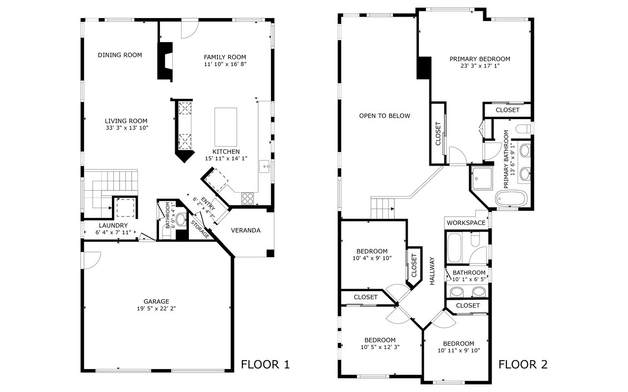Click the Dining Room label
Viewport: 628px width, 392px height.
click(120, 55)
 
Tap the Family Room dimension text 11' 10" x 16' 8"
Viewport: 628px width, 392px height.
click(225, 64)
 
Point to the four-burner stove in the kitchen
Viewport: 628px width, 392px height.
click(248, 198)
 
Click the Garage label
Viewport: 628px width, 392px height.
click(157, 301)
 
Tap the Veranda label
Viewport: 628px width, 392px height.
click(246, 230)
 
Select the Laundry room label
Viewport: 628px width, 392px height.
click(113, 225)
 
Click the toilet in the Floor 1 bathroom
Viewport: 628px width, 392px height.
click(182, 220)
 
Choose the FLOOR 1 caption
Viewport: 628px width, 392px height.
click(265, 365)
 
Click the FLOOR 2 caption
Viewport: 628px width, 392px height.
click(523, 365)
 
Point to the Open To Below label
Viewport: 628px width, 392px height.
click(385, 116)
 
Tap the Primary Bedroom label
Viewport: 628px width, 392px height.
click(480, 59)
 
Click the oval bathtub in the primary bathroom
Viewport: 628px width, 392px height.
click(511, 198)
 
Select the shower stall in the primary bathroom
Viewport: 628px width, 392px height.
click(482, 178)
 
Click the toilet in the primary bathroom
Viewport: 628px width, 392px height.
click(523, 129)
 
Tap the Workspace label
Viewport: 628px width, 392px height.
click(466, 223)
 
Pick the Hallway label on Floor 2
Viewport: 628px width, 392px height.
click(432, 271)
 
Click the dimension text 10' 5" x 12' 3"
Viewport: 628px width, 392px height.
click(380, 347)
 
